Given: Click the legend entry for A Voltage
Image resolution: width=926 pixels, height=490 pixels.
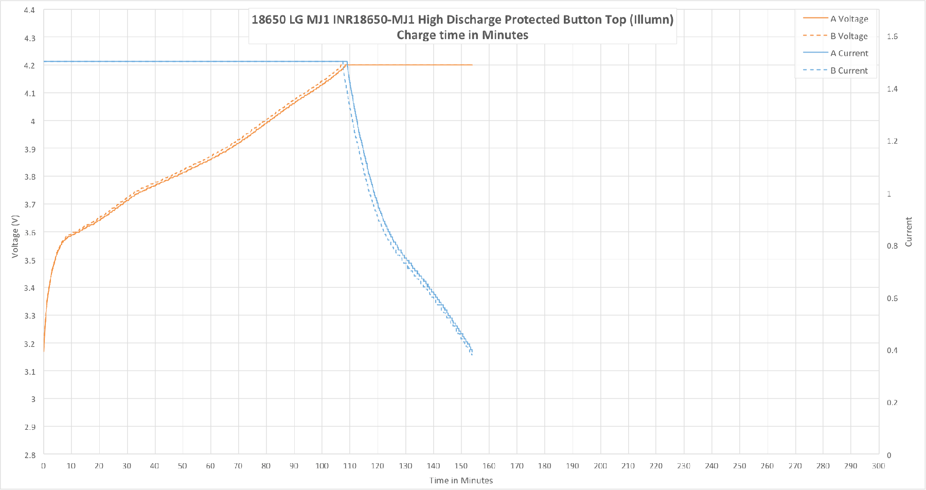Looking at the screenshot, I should point(849,19).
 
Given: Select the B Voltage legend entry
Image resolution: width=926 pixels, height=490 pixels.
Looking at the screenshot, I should point(849,36).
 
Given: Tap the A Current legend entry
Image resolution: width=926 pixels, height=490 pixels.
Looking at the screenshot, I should point(849,54).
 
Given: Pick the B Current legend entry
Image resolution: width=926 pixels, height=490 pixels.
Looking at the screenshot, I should point(849,71).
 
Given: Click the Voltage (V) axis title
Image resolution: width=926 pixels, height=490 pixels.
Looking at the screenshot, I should point(15,236).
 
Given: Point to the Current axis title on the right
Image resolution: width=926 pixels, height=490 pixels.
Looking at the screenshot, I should point(909,232).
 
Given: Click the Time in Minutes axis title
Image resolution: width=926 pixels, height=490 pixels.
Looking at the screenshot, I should point(461,480).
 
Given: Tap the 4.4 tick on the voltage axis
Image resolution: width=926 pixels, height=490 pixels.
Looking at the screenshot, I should point(30,10).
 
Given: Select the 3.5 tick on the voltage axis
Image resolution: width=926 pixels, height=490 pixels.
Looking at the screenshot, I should point(30,260).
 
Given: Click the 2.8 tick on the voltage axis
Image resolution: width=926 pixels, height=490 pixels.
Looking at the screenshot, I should point(30,454).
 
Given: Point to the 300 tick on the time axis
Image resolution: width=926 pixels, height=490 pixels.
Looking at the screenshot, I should point(878,466).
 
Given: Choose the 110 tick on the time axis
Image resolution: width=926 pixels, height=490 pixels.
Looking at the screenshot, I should point(350,466).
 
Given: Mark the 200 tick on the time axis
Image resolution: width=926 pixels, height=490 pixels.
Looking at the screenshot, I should point(600,466).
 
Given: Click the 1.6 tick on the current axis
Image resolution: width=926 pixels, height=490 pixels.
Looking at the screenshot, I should point(892,37).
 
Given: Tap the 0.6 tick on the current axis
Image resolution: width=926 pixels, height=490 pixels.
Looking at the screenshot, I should point(892,299).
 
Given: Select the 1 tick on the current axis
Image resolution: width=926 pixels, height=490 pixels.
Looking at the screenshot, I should point(889,194).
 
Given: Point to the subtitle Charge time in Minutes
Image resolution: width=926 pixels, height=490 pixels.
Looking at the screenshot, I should point(462,35).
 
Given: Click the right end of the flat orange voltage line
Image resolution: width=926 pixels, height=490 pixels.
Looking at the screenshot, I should point(472,65).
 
